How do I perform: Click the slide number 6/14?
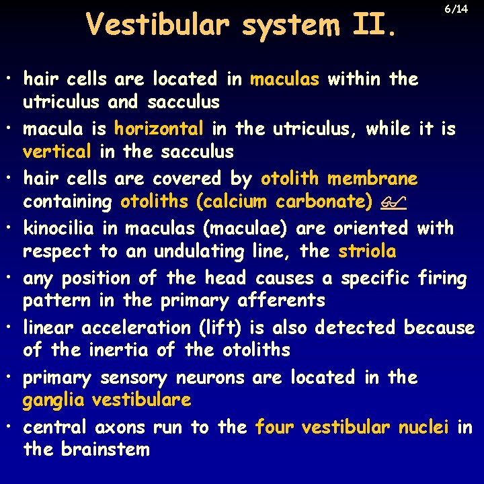click(456, 9)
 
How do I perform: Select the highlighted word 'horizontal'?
click(159, 128)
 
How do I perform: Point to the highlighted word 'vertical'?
click(57, 152)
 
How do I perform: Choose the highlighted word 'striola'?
click(367, 251)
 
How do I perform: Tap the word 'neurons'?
click(204, 378)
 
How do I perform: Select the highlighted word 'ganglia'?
click(54, 401)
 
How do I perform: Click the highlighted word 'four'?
click(275, 428)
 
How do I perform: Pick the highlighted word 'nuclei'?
click(424, 428)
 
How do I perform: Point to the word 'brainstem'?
click(105, 449)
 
